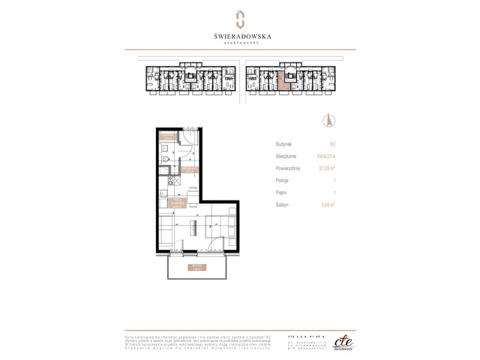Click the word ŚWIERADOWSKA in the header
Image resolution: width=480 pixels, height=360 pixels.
[x=240, y=34]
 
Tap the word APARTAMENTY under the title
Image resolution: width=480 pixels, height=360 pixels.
[x=240, y=43]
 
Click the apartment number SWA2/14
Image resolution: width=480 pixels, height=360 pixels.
[x=326, y=156]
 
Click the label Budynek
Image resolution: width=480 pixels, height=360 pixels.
[x=283, y=142]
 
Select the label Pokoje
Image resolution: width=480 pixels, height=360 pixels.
[x=282, y=180]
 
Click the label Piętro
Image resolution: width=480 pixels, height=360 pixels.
[x=282, y=192]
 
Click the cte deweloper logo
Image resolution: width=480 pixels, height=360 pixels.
[x=342, y=339]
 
